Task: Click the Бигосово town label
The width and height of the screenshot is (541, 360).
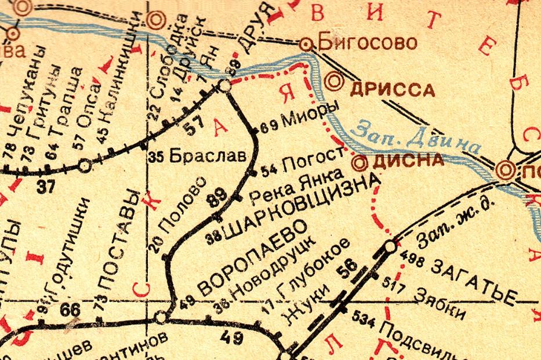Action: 368,42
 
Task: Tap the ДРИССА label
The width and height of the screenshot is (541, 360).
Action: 392,89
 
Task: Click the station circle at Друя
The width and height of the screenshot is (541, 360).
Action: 225,86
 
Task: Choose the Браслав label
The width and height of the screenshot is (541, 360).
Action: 202,155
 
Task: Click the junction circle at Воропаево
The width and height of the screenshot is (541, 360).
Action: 161,317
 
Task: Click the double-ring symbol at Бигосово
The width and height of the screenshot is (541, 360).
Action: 306,44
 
